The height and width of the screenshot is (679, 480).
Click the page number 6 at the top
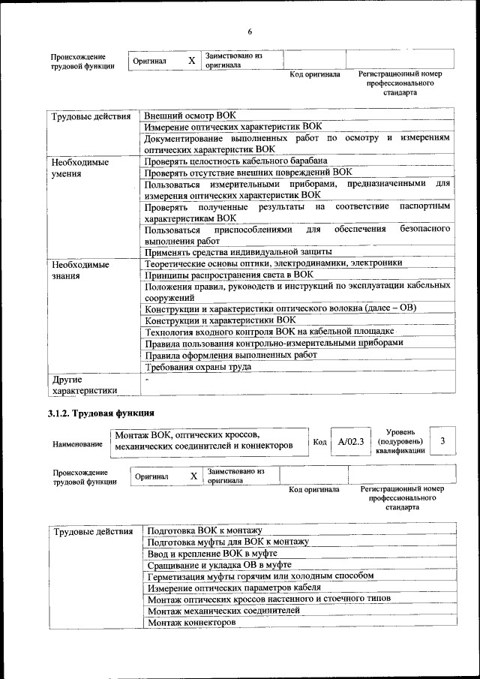[250, 32]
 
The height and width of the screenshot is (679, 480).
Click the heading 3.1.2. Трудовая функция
[101, 413]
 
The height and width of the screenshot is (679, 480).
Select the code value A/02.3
[350, 442]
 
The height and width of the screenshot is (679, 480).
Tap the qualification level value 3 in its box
[443, 441]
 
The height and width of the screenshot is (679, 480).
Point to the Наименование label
[78, 444]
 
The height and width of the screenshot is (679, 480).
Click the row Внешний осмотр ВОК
[190, 116]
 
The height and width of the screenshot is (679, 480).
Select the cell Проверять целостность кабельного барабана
[235, 161]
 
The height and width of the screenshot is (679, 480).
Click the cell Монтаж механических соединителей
[223, 611]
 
